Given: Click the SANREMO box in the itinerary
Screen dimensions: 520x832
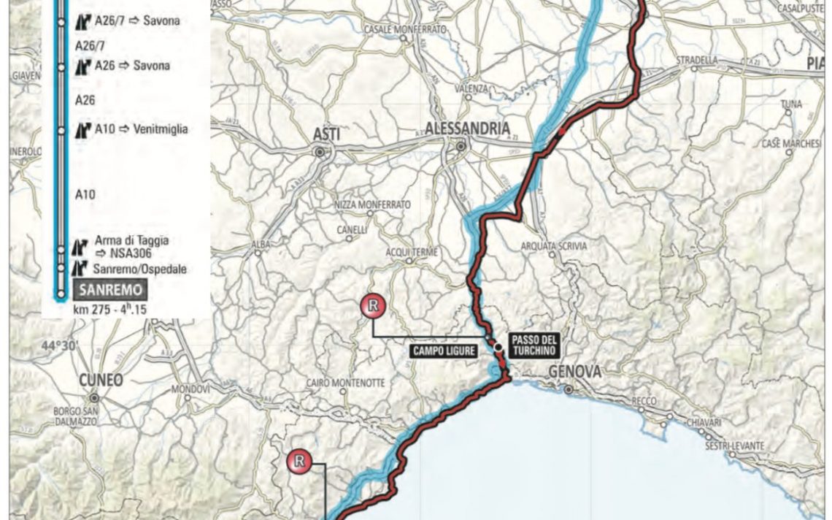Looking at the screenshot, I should click(x=110, y=290).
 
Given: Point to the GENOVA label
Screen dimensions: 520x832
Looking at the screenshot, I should click(x=575, y=372).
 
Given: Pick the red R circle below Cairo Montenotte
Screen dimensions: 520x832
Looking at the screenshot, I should click(x=299, y=461).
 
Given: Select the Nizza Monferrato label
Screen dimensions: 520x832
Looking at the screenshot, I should click(x=372, y=204).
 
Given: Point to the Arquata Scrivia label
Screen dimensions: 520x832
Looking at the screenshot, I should click(x=554, y=246).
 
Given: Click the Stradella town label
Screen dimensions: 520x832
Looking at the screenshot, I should click(x=697, y=59).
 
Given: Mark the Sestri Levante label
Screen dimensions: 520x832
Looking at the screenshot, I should click(x=735, y=446).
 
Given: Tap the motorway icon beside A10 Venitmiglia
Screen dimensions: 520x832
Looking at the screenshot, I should click(x=83, y=130).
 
